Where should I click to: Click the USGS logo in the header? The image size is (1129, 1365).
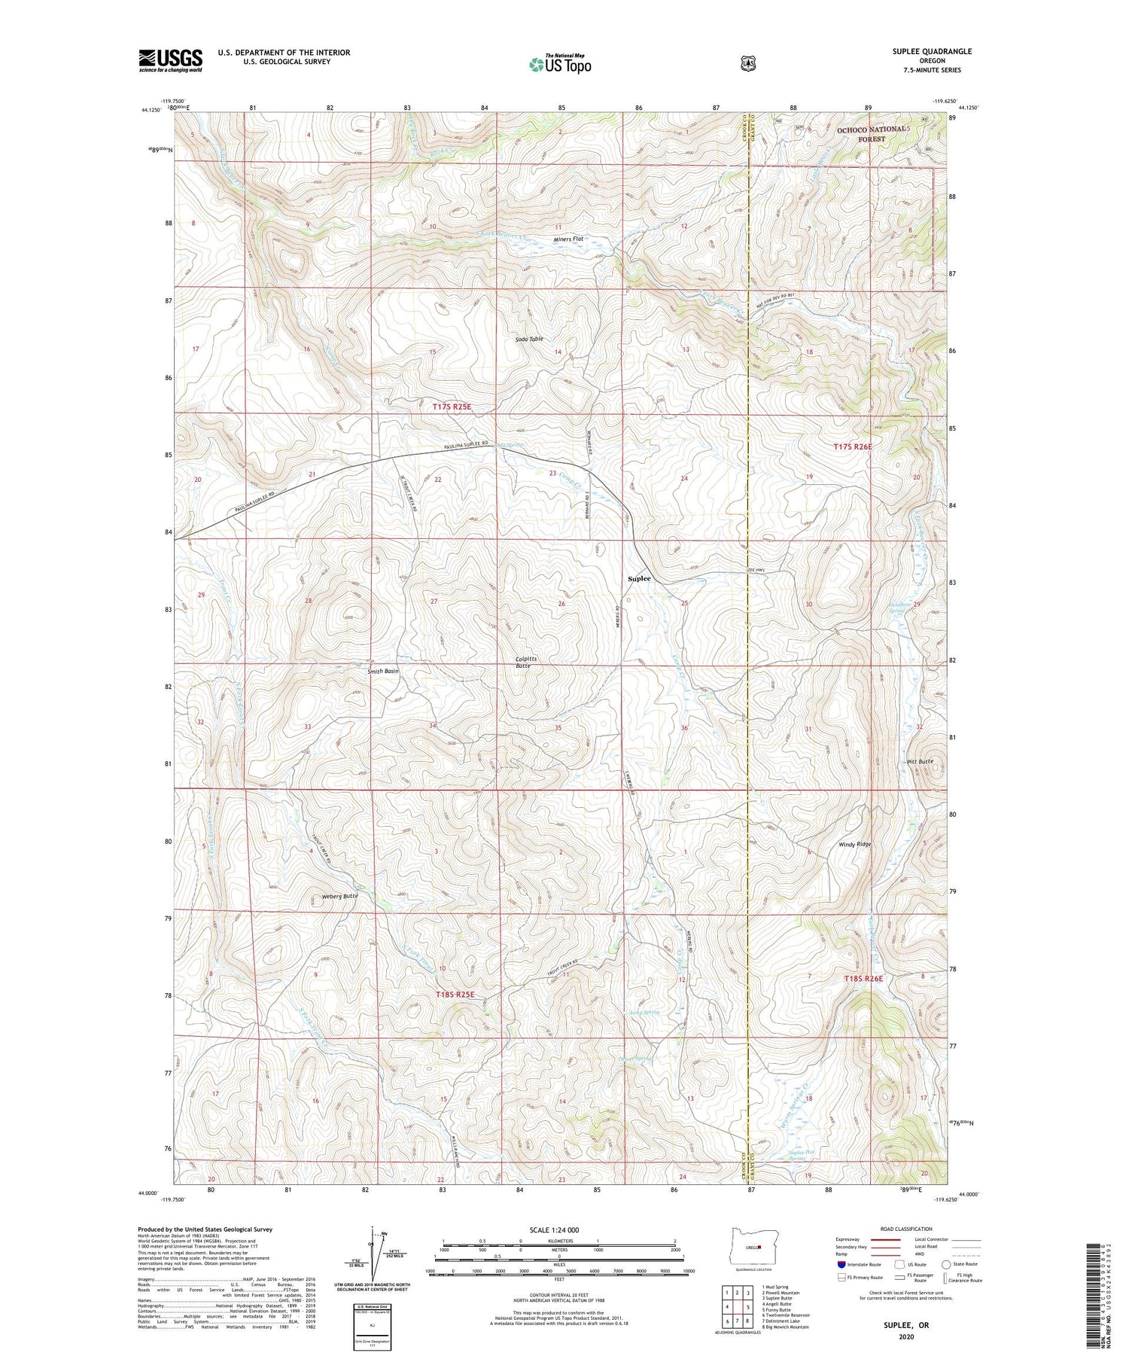[170, 60]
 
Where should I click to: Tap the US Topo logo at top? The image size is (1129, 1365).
[561, 64]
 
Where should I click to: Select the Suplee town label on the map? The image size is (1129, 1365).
[639, 579]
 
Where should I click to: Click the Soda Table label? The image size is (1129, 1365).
[529, 340]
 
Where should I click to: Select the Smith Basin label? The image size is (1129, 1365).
[382, 671]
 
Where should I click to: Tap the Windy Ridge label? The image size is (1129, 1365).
[855, 844]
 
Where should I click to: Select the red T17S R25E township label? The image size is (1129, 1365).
[452, 407]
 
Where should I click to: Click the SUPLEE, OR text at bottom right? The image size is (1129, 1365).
[906, 1324]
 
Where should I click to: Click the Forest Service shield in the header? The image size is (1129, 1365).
[747, 64]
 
